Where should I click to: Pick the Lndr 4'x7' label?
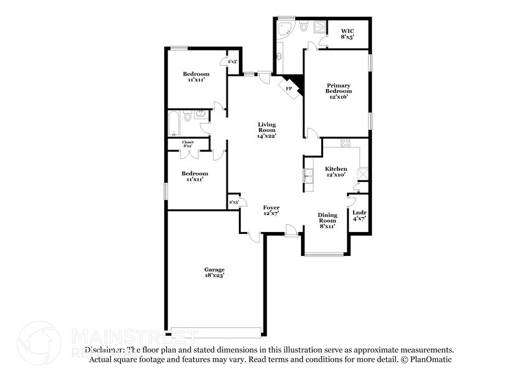click(x=359, y=216)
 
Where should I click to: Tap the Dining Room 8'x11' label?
click(x=327, y=221)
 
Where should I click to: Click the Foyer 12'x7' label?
click(x=271, y=210)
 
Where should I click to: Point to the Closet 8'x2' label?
click(x=188, y=144)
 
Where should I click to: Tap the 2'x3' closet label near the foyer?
click(x=234, y=203)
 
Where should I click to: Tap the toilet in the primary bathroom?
click(x=303, y=26)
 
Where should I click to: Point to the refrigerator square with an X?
click(x=363, y=172)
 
